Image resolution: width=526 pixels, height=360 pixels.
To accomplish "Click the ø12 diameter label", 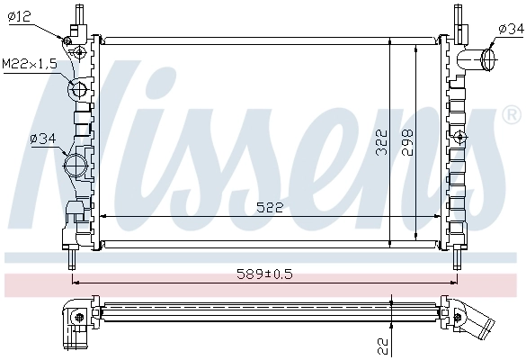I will click(x=19, y=16).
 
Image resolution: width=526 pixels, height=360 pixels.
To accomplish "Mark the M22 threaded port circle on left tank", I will click(x=78, y=89).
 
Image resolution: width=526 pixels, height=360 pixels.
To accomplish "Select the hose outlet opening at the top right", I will click(x=490, y=60).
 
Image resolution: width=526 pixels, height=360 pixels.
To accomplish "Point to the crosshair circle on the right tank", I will click(x=460, y=137).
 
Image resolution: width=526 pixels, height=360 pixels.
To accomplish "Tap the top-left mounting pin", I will click(x=79, y=15).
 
